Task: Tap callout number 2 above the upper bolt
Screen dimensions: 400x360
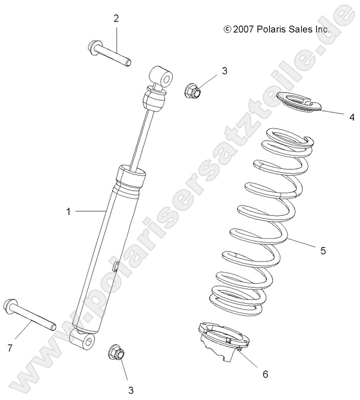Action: tap(116, 19)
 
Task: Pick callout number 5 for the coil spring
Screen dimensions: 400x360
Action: tap(323, 251)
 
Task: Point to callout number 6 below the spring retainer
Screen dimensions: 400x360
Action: tap(265, 374)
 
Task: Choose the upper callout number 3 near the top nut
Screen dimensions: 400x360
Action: tap(224, 71)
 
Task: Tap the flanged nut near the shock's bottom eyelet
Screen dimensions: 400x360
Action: tap(116, 353)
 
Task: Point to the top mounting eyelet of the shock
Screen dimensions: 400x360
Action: tap(163, 77)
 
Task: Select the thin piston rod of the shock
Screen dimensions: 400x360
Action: tap(141, 138)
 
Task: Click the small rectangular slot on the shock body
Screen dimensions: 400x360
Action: tap(116, 266)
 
